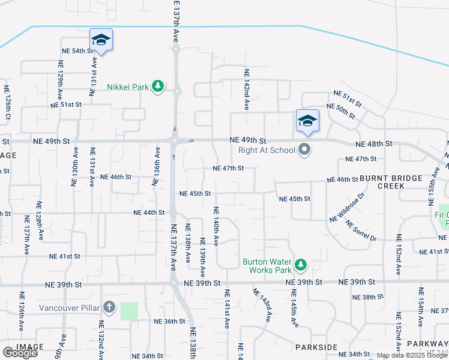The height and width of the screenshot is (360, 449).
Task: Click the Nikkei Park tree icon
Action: click(158, 87)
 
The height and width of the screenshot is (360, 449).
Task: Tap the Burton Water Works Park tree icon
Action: click(300, 265)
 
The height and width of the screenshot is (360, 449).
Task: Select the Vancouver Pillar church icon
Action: click(109, 308)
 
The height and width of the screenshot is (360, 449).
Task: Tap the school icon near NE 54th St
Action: click(101, 40)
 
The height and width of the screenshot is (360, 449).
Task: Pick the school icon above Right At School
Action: click(307, 121)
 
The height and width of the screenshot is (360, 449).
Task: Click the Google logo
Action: click(20, 353)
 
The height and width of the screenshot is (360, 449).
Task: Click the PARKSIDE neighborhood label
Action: click(316, 347)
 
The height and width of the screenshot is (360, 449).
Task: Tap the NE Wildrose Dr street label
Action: click(348, 208)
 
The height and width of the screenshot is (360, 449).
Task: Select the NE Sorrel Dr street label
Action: click(361, 231)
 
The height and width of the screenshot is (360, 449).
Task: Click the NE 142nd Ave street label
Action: click(246, 89)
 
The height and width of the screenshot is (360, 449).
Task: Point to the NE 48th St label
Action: click(373, 144)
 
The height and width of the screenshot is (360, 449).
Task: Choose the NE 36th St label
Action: click(169, 321)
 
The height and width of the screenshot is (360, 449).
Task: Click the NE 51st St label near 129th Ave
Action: click(66, 104)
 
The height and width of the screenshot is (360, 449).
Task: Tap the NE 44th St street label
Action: click(149, 212)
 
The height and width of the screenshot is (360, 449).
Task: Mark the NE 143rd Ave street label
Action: click(262, 305)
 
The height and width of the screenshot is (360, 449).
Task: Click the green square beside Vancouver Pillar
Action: click(129, 311)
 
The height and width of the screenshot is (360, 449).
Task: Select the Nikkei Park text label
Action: click(128, 87)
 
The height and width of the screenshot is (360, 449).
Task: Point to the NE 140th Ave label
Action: click(215, 226)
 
